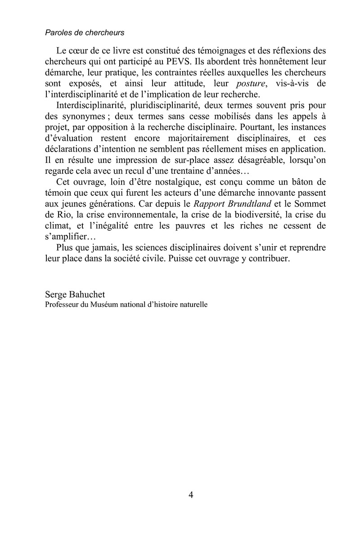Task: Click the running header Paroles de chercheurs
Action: click(x=85, y=33)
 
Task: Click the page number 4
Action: click(x=191, y=495)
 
